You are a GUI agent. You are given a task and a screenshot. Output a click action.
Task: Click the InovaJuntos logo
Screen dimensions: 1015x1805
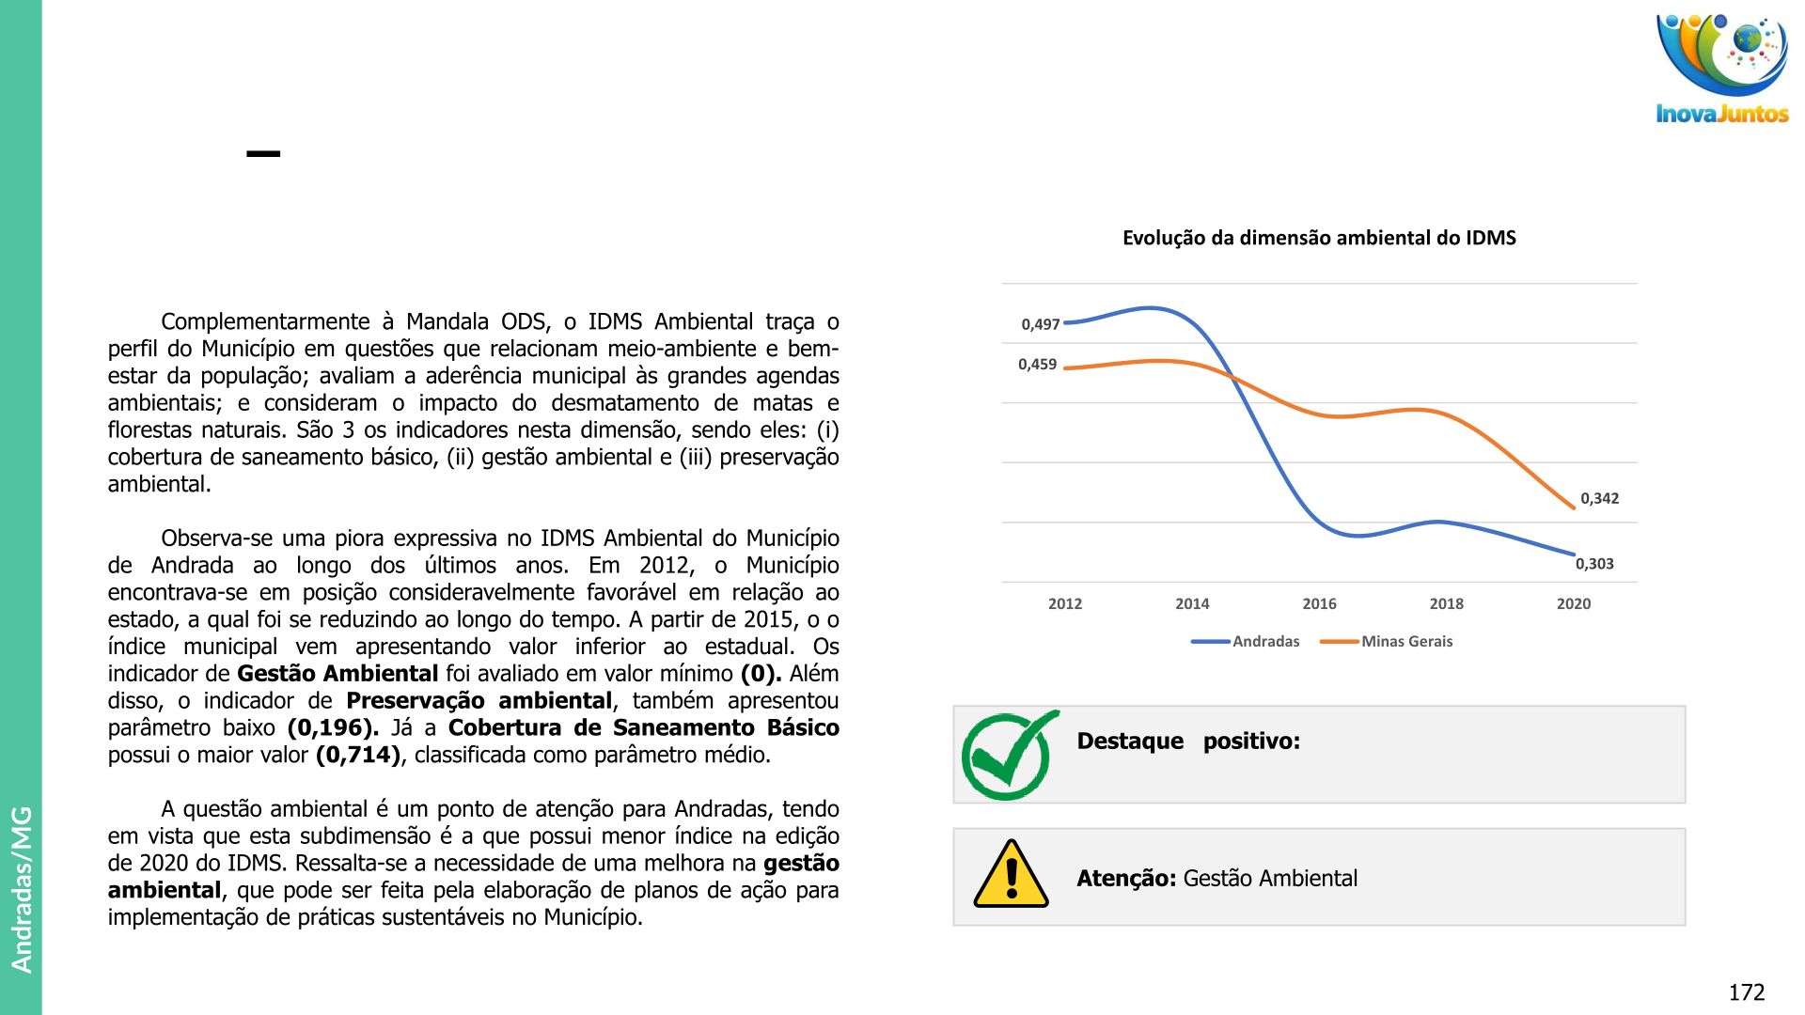(1722, 69)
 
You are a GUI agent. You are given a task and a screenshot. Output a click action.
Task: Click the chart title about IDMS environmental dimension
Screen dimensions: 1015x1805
(1319, 238)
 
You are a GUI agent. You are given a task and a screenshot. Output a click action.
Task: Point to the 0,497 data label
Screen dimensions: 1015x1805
(1040, 324)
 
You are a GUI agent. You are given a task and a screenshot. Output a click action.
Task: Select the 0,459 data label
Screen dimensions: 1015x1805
(1037, 365)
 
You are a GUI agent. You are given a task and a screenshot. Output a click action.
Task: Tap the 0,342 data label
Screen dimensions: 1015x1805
(1599, 498)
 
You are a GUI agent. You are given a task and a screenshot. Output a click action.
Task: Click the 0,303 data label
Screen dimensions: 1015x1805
(1594, 564)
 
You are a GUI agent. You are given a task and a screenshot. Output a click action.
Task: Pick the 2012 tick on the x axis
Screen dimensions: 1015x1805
(1065, 603)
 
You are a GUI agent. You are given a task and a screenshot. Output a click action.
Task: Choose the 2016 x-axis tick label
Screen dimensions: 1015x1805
(1319, 603)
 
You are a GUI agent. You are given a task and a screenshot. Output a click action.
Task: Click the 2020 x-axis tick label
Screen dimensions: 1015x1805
(1573, 603)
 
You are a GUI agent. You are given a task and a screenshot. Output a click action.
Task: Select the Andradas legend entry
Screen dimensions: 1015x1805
(1265, 641)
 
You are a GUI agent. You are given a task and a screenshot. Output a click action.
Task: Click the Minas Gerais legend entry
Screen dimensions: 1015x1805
(1406, 641)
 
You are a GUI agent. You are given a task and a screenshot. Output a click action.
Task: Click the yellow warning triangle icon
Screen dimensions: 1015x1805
(1011, 875)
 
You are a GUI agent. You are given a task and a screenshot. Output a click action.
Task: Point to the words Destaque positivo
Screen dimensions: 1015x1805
(1188, 742)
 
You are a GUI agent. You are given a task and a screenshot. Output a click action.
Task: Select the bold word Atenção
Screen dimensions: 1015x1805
(1126, 879)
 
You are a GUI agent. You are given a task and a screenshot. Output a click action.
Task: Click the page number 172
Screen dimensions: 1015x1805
(1746, 992)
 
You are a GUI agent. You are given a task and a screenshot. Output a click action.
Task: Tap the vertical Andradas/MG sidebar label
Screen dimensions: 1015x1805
(21, 888)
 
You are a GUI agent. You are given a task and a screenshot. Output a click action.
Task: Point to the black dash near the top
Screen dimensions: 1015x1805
(263, 153)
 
